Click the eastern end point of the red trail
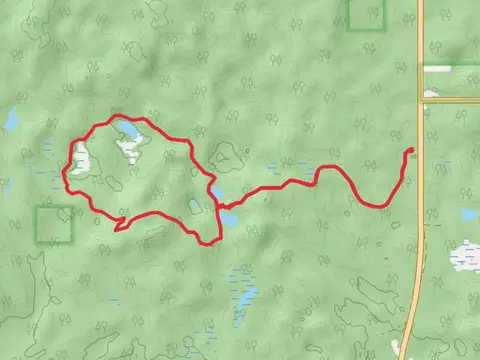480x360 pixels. click(x=410, y=151)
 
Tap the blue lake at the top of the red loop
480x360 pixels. click(x=127, y=131)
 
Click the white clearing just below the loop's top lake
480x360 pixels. click(x=129, y=150)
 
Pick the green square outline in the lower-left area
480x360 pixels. click(x=54, y=224)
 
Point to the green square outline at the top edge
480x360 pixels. click(x=366, y=11)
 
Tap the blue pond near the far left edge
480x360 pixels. click(x=11, y=121)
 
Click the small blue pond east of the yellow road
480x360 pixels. click(x=469, y=215)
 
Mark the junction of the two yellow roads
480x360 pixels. click(x=420, y=100)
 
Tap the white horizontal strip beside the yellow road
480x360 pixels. click(x=449, y=68)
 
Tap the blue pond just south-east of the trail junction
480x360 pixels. click(x=230, y=216)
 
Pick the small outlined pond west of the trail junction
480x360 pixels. click(x=194, y=206)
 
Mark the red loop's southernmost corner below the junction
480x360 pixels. click(x=212, y=241)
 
